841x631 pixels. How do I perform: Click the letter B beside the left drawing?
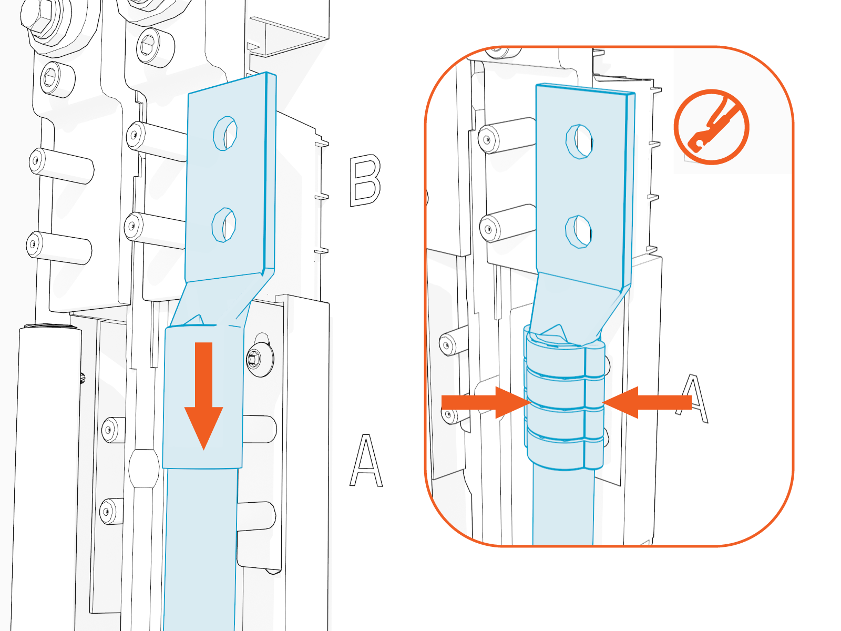click(x=365, y=180)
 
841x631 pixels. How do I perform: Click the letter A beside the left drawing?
click(x=366, y=461)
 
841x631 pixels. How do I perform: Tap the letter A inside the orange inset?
click(x=694, y=400)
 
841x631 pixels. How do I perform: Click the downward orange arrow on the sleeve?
click(x=204, y=394)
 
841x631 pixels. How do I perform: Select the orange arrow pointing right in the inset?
click(x=484, y=402)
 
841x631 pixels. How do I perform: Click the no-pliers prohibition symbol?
click(x=711, y=127)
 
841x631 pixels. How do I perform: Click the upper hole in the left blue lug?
click(x=225, y=133)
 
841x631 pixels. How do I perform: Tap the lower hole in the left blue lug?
click(x=223, y=225)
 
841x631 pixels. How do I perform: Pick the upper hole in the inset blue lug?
click(x=579, y=141)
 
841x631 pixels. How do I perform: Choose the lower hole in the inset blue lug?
click(x=578, y=231)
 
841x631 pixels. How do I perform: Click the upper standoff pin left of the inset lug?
click(x=505, y=136)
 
